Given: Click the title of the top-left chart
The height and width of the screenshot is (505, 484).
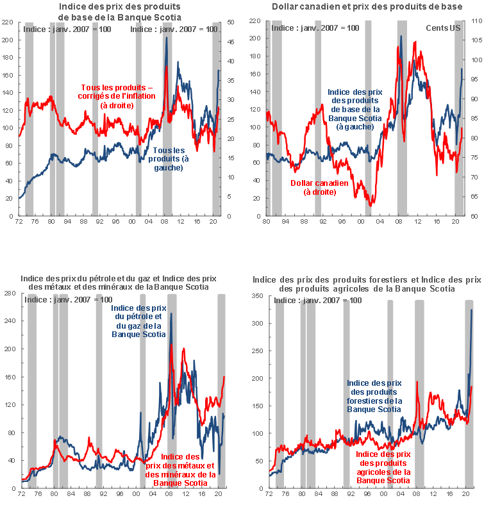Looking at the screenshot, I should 120,11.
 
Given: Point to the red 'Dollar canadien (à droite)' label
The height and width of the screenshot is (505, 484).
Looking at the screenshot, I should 320,187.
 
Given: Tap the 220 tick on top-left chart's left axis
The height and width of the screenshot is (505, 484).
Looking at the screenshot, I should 8,22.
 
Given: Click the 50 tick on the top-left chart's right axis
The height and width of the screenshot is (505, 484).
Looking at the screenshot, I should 231,22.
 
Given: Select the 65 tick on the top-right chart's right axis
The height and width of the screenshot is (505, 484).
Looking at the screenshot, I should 475,197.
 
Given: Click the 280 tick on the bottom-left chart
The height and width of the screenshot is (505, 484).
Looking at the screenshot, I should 9,294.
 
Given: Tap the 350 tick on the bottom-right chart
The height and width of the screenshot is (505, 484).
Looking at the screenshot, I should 258,296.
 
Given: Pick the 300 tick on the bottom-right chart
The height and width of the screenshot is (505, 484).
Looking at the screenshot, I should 258,324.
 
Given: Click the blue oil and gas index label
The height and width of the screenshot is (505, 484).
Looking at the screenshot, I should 138,321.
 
